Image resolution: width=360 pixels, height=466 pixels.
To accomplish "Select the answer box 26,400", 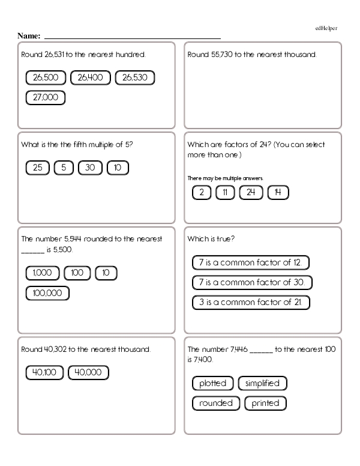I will point(91,77).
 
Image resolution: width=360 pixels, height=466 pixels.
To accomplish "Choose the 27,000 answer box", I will point(46,97).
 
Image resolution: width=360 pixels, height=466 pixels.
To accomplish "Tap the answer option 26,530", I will point(135,77).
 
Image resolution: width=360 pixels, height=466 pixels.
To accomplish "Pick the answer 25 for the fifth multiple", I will point(38,168).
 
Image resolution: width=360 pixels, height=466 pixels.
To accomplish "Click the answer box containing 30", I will point(90,168).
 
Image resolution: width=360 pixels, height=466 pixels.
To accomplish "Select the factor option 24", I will point(251,193).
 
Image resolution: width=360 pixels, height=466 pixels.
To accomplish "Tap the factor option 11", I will point(225,193).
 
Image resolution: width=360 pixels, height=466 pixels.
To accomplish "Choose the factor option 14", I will point(277,193).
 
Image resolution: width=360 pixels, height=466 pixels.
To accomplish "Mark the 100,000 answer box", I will point(47,293).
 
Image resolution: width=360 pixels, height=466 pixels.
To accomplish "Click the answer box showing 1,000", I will point(43,273).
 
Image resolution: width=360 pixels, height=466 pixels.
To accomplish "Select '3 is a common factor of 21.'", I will point(250,302).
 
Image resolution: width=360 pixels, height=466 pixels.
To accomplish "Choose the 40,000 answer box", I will point(89,373).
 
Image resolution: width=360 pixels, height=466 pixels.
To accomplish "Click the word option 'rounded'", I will point(216,403).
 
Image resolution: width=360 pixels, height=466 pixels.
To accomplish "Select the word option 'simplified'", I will point(263,383).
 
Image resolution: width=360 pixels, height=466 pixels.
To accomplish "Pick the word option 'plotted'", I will point(213,383).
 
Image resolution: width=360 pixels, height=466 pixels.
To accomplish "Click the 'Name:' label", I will point(29,37).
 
